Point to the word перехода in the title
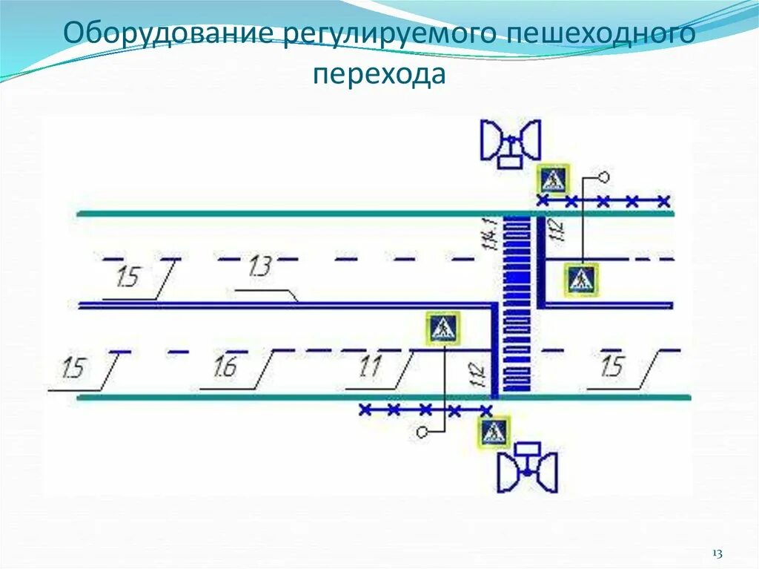tap(379, 74)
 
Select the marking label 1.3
tap(259, 266)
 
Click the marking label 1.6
tap(228, 366)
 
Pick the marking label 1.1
tap(368, 366)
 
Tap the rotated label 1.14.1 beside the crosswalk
tap(488, 234)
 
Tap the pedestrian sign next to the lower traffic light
tap(493, 432)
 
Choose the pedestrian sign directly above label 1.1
tap(443, 328)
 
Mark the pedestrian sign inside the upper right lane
tap(583, 280)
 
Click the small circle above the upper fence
tap(603, 177)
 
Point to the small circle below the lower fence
tap(422, 431)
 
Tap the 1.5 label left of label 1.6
tap(74, 367)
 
